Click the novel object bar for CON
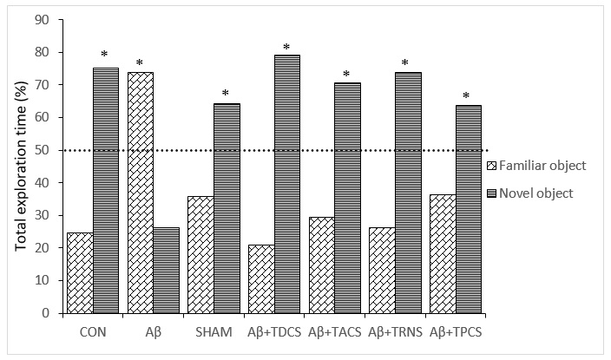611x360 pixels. [x=105, y=190]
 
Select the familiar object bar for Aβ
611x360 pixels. [x=140, y=193]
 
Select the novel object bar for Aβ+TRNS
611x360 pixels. [x=408, y=193]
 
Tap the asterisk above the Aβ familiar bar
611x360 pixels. [x=140, y=63]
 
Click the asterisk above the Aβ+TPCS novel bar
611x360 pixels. [x=468, y=96]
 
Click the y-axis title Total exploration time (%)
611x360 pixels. [x=19, y=167]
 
